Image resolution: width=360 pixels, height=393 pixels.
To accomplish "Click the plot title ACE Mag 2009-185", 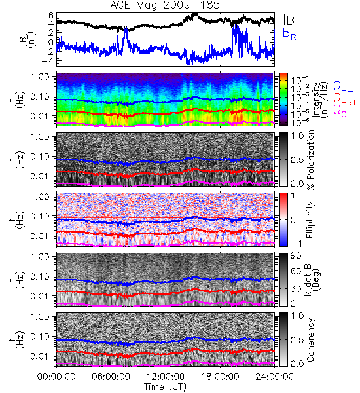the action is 165,5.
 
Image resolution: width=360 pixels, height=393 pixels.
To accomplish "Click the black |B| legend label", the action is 291,19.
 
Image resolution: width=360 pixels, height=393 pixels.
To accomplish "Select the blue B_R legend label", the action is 289,33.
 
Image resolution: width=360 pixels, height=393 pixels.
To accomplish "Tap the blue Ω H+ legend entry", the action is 343,88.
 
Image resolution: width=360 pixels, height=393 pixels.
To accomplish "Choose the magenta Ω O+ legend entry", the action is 343,111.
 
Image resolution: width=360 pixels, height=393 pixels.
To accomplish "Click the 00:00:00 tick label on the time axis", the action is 56,377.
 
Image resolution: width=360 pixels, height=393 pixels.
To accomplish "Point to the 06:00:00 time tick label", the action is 111,377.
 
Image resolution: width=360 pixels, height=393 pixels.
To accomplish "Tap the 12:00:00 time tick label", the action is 166,377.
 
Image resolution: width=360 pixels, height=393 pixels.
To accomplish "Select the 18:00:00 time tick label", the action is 220,377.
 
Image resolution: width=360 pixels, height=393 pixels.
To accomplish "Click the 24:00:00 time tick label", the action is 274,377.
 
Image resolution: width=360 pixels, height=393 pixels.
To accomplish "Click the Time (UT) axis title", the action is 165,387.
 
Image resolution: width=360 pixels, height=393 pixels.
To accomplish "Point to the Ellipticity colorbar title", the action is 310,220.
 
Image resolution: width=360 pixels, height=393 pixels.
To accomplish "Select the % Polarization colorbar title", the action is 310,160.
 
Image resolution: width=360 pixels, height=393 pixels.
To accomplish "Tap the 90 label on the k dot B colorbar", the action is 296,255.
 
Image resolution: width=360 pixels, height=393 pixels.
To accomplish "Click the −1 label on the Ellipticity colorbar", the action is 296,244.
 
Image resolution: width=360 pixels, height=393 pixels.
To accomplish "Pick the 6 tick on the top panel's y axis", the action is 51,16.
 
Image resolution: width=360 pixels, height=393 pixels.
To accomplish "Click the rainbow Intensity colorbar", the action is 283,100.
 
